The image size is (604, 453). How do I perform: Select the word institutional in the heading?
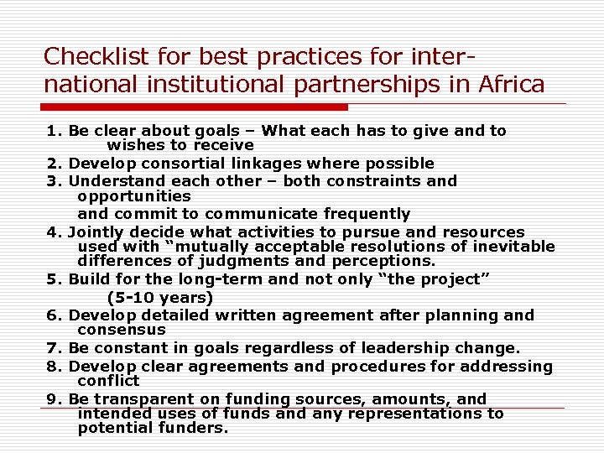[x=206, y=85]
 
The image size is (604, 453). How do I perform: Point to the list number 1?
[x=53, y=131]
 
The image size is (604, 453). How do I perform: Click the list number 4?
[x=53, y=232]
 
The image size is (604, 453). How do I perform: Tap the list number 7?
[x=53, y=348]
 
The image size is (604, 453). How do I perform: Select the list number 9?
[x=53, y=399]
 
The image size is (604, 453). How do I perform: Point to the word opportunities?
[x=134, y=196]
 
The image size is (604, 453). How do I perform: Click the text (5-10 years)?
[x=160, y=297]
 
